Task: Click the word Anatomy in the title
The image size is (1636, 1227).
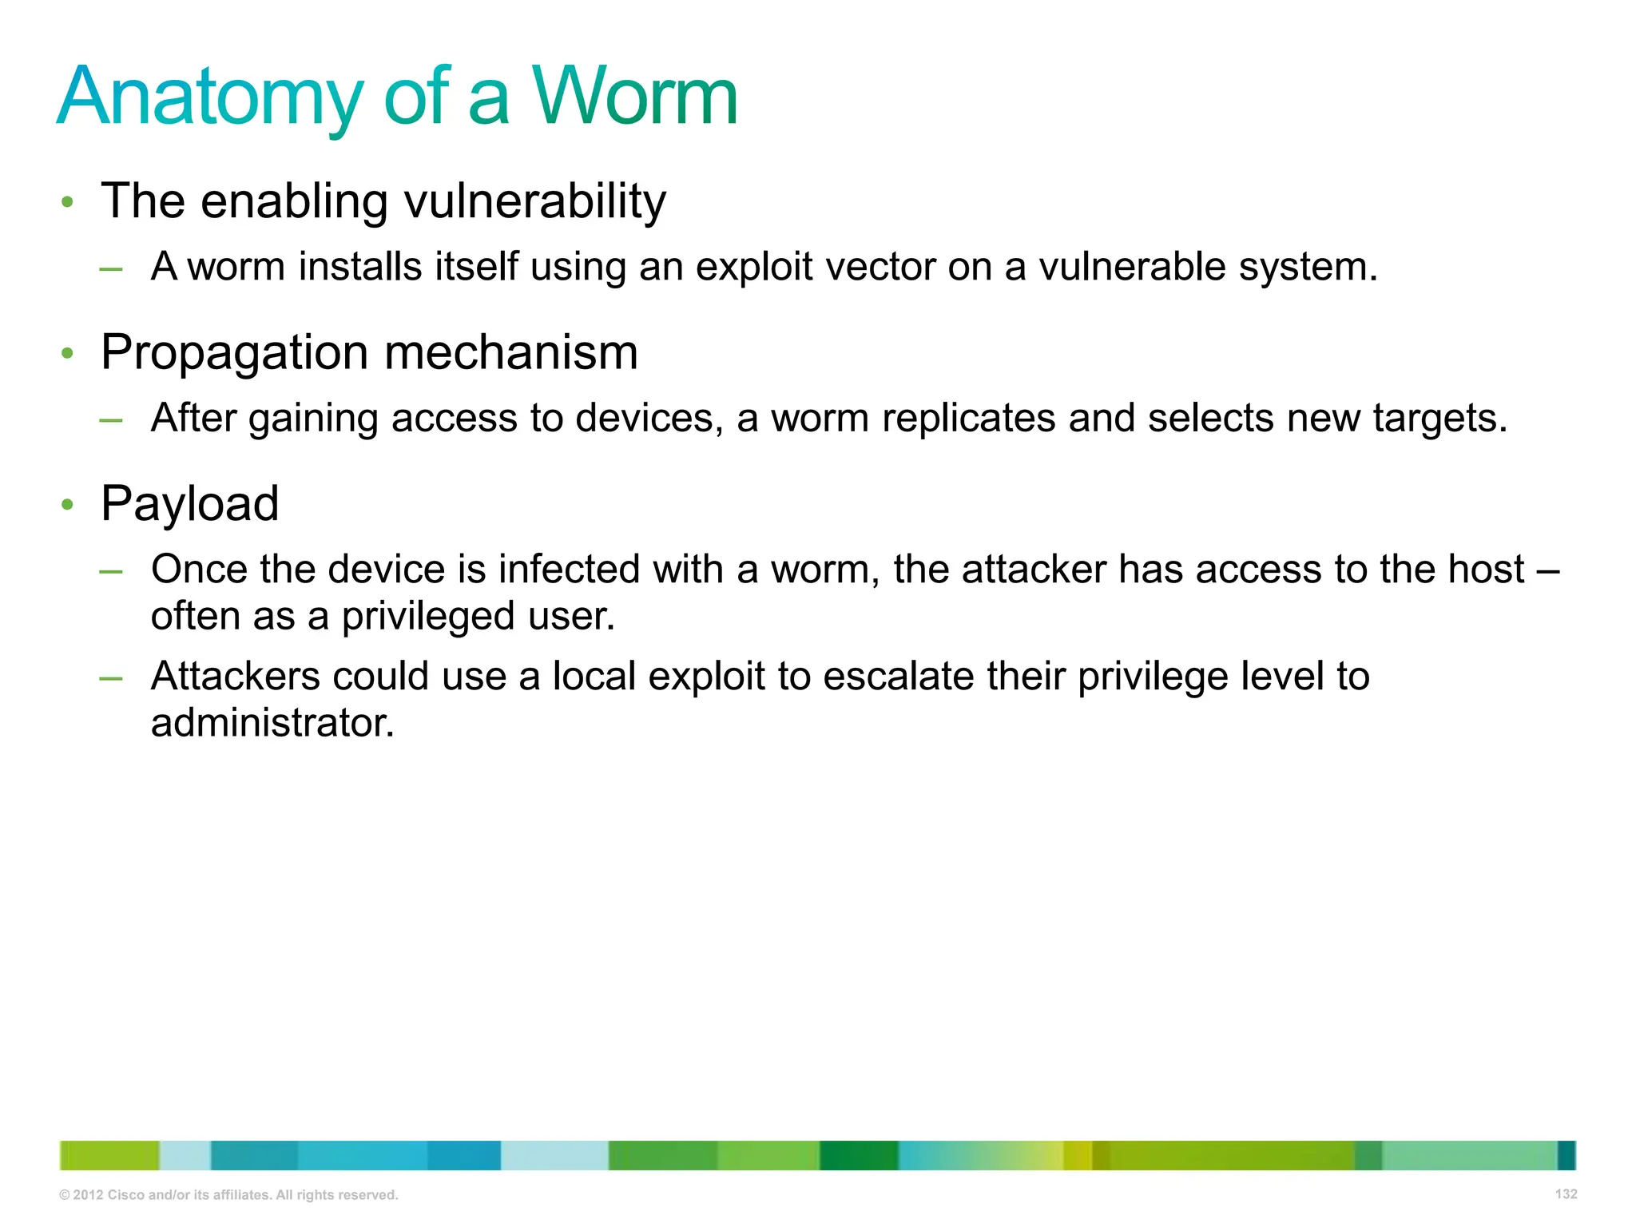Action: pos(209,97)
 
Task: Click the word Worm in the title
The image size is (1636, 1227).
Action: pos(634,97)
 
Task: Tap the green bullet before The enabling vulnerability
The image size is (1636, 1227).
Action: pos(68,202)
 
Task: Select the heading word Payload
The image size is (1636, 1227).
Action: pos(189,504)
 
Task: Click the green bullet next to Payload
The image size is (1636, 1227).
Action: pos(68,505)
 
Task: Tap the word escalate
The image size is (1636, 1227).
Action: pos(899,676)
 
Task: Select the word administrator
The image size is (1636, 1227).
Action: pos(272,723)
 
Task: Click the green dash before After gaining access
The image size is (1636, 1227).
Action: pos(111,419)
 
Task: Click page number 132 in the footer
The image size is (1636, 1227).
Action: pos(1566,1193)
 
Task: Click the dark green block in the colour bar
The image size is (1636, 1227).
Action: pos(859,1155)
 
